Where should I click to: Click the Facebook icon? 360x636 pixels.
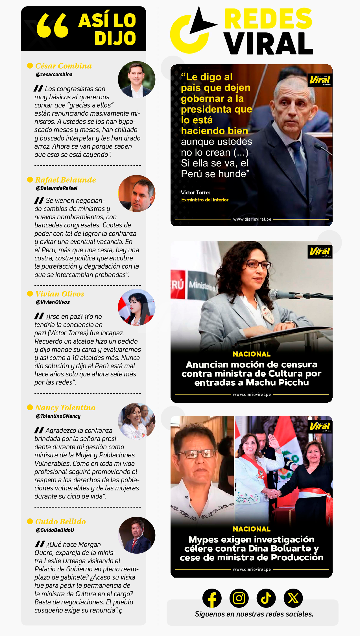click(x=212, y=598)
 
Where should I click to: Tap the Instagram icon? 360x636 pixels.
click(x=239, y=598)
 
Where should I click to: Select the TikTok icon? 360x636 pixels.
click(x=266, y=598)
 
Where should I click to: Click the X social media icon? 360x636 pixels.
click(x=293, y=598)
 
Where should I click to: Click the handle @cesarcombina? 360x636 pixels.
click(x=54, y=74)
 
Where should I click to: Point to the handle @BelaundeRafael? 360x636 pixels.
click(x=56, y=188)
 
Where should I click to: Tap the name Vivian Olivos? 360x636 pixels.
click(x=60, y=294)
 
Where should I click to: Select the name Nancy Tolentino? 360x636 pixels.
click(x=65, y=407)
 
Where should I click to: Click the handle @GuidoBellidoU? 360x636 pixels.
click(x=55, y=530)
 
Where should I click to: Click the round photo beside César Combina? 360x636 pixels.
click(x=137, y=80)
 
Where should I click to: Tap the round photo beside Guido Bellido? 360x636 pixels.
click(x=137, y=535)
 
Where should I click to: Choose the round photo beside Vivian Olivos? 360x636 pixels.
click(x=137, y=307)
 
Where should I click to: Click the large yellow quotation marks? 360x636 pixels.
click(x=53, y=26)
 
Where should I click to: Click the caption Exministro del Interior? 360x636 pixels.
click(x=205, y=200)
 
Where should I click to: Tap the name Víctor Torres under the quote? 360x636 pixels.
click(x=196, y=192)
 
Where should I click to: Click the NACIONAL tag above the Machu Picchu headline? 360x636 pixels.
click(x=251, y=354)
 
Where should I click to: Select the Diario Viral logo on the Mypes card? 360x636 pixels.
click(x=320, y=426)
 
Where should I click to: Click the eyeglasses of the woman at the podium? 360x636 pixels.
click(x=258, y=264)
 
